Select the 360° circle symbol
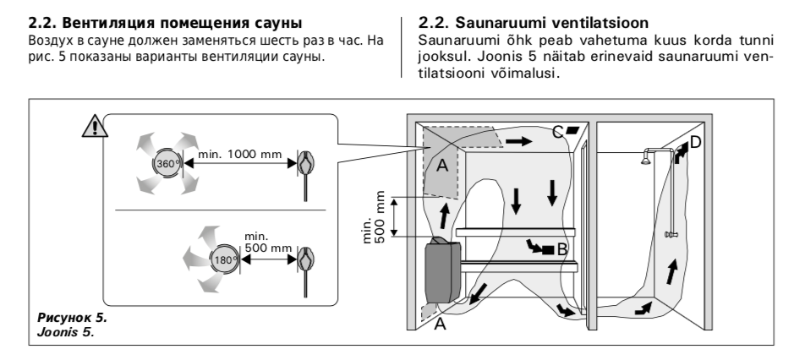(x=163, y=163)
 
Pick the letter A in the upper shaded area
(x=441, y=166)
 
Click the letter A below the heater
(x=439, y=325)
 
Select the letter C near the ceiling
(x=556, y=131)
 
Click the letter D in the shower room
(x=695, y=142)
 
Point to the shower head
(x=646, y=155)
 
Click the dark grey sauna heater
(x=446, y=270)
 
